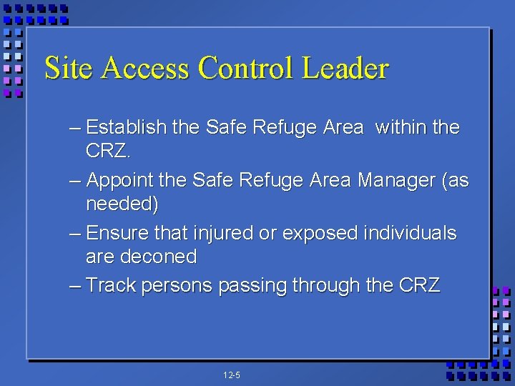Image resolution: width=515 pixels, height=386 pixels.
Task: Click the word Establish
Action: (x=126, y=128)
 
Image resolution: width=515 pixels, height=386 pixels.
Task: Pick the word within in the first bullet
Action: (x=399, y=128)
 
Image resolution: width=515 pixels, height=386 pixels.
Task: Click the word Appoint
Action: (x=125, y=181)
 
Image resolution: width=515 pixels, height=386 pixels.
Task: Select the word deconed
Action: (x=161, y=257)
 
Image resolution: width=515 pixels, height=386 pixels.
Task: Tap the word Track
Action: (x=111, y=286)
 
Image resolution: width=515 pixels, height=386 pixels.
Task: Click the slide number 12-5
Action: (x=231, y=375)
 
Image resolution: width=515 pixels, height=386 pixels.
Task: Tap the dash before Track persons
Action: (x=75, y=286)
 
